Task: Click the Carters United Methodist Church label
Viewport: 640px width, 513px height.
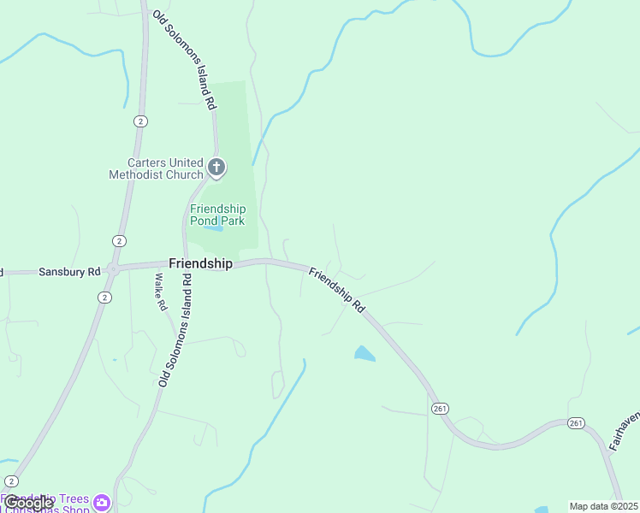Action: coord(156,168)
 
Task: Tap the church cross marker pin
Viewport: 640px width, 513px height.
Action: coord(216,167)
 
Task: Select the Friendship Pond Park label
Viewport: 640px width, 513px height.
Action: coord(217,215)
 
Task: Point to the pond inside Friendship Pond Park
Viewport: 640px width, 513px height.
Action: coord(213,229)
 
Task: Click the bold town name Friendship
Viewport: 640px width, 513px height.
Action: coord(200,263)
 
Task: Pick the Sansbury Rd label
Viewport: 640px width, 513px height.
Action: coord(69,272)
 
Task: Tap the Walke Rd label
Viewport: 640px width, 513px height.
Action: coord(159,292)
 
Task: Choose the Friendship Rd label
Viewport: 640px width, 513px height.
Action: coord(337,291)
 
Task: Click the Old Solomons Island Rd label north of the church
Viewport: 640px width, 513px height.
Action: coord(183,60)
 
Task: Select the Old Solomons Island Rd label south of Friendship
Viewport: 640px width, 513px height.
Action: coord(175,332)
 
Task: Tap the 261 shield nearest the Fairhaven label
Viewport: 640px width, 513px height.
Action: coord(576,423)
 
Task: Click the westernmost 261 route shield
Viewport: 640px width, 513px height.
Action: coord(440,408)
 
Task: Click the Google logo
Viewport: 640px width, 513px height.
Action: coord(27,503)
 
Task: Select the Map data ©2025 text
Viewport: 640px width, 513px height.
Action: coord(603,506)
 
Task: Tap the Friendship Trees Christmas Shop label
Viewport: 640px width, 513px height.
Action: coord(47,504)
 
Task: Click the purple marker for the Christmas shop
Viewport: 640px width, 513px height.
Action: coord(102,502)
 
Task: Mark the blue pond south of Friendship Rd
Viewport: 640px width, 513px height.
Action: coord(364,353)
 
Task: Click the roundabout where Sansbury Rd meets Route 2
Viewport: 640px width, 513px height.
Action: coord(112,268)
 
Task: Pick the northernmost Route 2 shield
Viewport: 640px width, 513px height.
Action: coord(140,121)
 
